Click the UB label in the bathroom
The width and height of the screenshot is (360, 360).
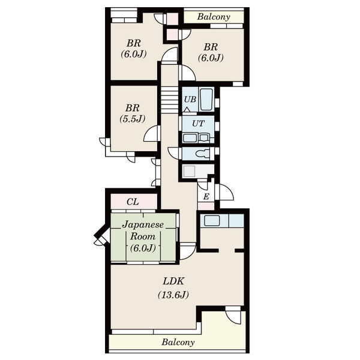(x=190, y=100)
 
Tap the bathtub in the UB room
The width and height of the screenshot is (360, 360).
(x=206, y=100)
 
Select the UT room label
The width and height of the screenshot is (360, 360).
(x=198, y=124)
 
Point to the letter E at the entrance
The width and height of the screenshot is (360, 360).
(x=206, y=197)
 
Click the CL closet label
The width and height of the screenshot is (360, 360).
(x=133, y=202)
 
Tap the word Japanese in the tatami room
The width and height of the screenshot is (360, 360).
(x=143, y=224)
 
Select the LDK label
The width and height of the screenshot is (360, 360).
(x=173, y=281)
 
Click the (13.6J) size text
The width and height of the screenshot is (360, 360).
(x=173, y=295)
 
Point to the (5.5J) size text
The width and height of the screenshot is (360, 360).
(x=133, y=119)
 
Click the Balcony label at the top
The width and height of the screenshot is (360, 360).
(x=214, y=17)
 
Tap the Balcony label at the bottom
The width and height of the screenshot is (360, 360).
(x=178, y=343)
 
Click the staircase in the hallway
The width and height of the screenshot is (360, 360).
(x=169, y=100)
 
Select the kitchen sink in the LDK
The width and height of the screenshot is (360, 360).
(x=212, y=221)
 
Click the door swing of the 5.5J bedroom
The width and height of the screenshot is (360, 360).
(x=152, y=134)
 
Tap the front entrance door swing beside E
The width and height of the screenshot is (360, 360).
(x=226, y=193)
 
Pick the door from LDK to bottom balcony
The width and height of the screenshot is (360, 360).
(x=233, y=316)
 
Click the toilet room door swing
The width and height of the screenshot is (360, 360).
(x=175, y=152)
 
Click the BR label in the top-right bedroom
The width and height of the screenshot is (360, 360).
(x=211, y=47)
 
